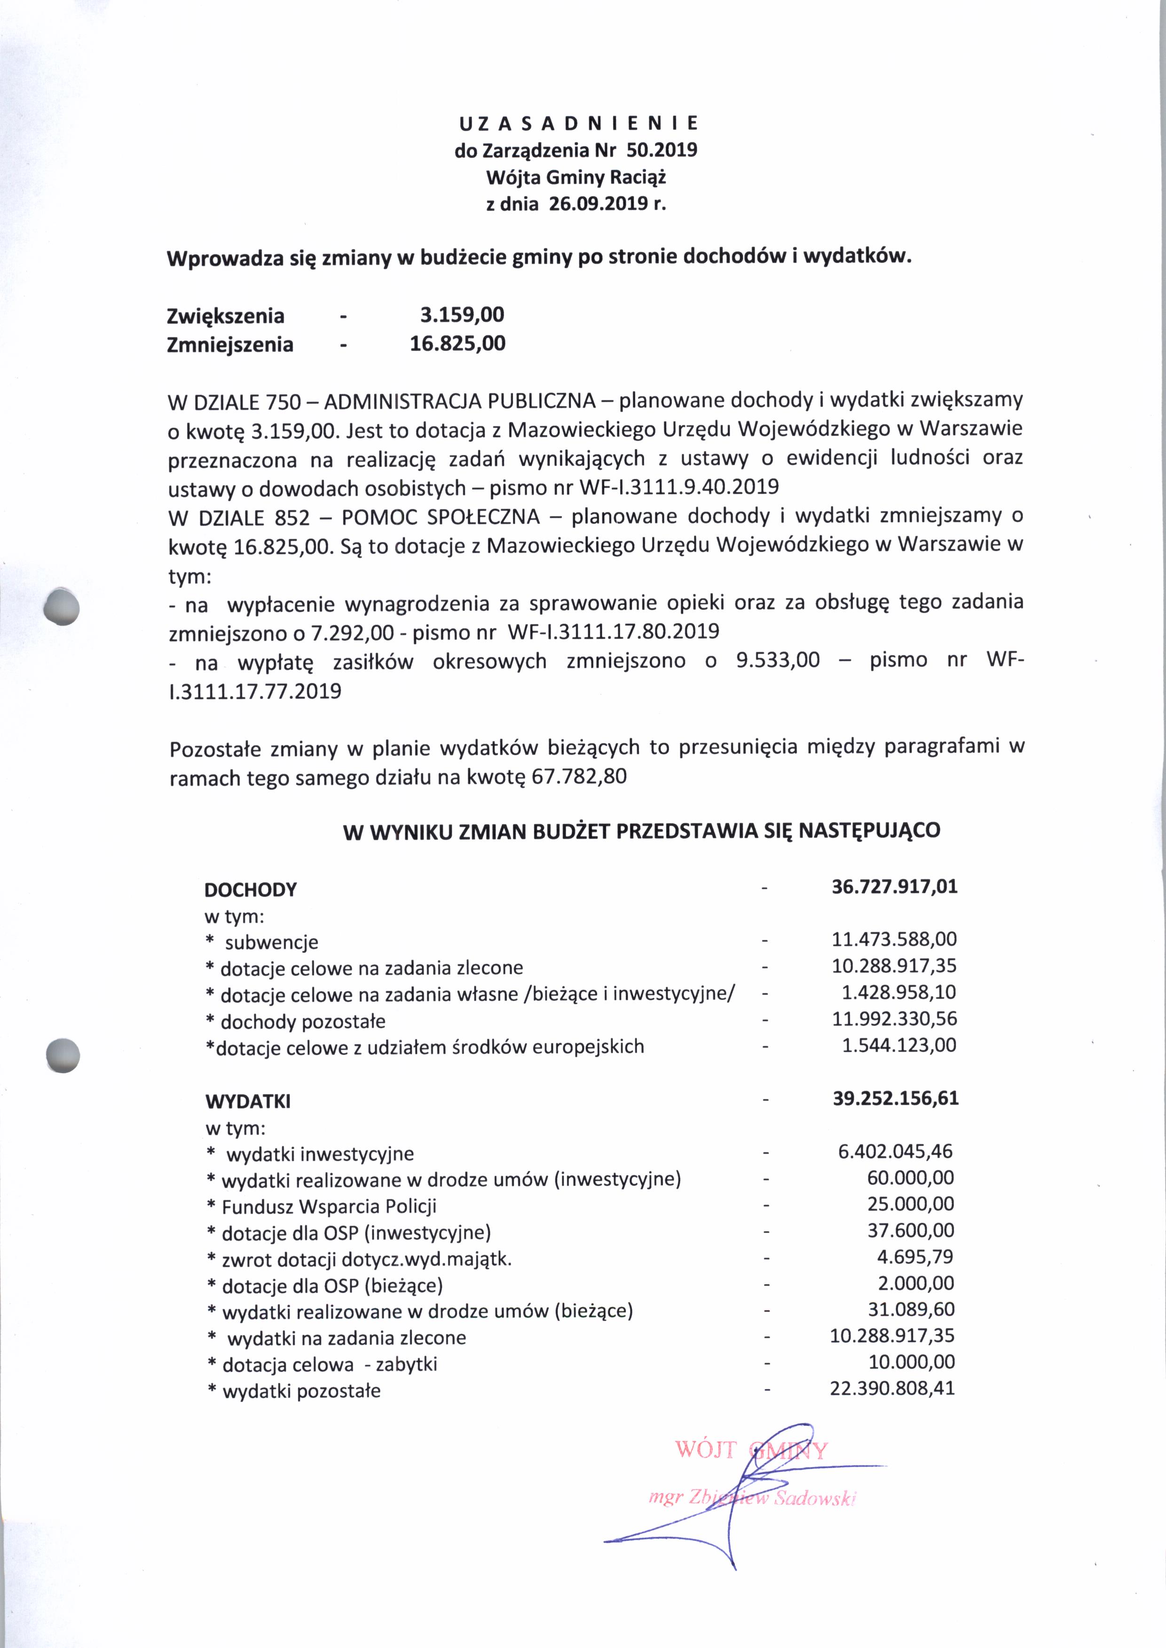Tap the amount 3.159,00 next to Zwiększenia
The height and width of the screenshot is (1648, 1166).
click(462, 314)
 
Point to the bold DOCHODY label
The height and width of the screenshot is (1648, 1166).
click(251, 890)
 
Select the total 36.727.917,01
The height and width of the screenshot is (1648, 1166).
click(894, 886)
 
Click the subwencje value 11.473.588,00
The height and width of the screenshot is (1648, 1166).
click(894, 939)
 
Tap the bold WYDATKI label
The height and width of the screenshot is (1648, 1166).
click(248, 1101)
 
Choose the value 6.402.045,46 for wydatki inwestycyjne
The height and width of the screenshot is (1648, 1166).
click(895, 1151)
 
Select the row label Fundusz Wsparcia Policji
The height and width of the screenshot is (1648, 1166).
click(329, 1207)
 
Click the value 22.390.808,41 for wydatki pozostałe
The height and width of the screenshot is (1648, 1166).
click(892, 1388)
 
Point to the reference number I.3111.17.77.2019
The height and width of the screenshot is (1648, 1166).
click(255, 691)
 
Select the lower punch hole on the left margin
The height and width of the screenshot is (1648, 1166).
click(62, 1055)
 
